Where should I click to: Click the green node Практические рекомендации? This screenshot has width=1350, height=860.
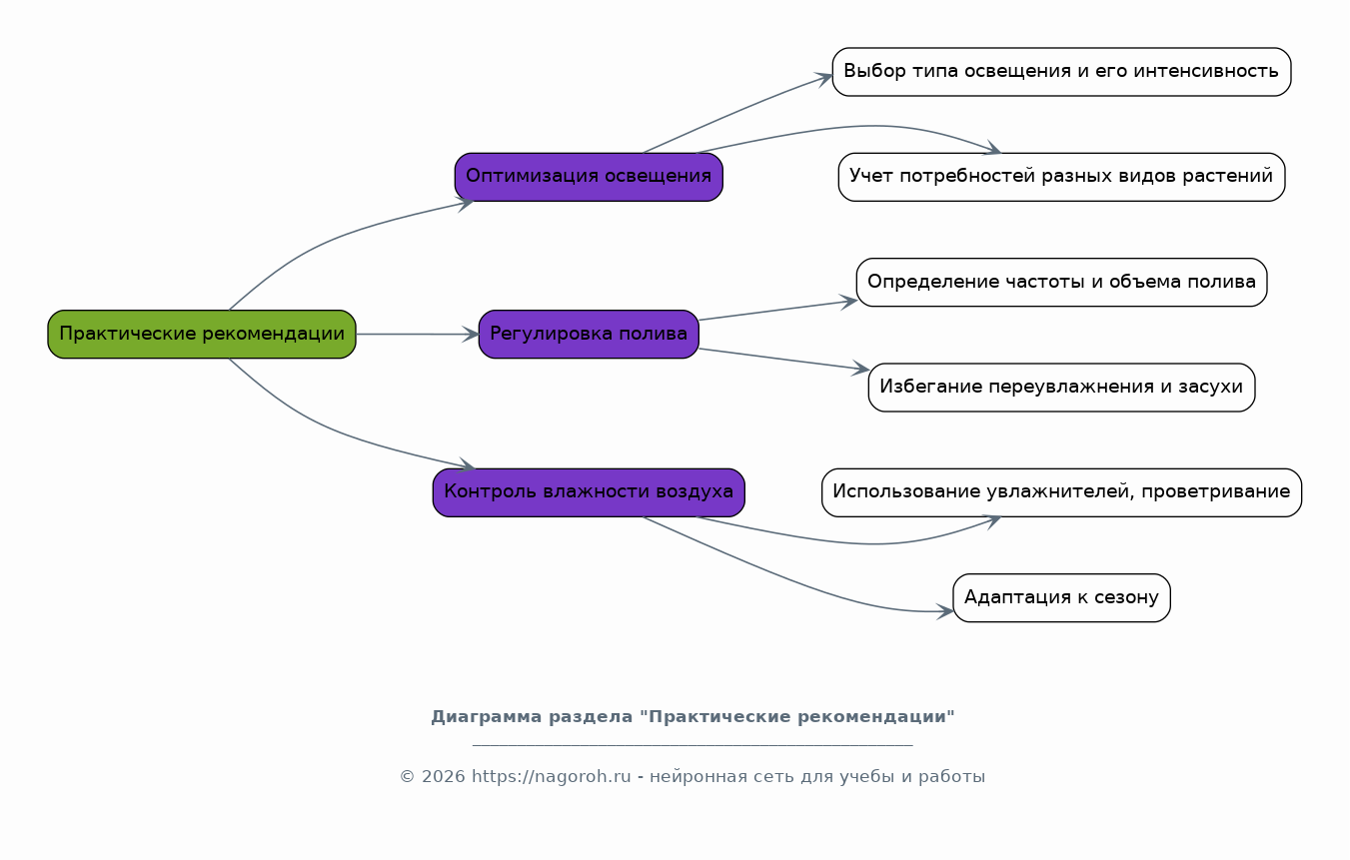[202, 335]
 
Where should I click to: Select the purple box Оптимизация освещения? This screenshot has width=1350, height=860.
[589, 177]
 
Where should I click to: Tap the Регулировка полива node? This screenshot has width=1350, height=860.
[589, 335]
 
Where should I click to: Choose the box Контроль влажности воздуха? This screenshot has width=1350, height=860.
[589, 492]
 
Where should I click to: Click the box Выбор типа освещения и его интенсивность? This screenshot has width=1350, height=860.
[1061, 72]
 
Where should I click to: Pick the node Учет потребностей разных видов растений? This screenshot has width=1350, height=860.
[1061, 177]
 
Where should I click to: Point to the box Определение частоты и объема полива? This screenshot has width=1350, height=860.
[1061, 283]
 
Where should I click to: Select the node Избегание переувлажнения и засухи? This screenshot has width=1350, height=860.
[1061, 388]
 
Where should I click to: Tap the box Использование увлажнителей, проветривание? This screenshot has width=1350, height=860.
[1061, 492]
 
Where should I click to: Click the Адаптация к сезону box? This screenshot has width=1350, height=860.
[1061, 598]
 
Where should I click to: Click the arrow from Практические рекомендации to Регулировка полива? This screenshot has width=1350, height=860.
[417, 335]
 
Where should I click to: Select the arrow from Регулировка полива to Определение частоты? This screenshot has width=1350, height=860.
[777, 311]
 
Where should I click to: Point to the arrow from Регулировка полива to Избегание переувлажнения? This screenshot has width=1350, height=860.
[783, 359]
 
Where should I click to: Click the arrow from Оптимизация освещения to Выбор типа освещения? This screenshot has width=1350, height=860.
[736, 112]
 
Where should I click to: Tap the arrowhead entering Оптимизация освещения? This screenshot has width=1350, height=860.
[466, 204]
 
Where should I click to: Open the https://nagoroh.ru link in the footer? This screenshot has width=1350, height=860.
[551, 777]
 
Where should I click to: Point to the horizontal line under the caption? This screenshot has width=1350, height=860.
[692, 746]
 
